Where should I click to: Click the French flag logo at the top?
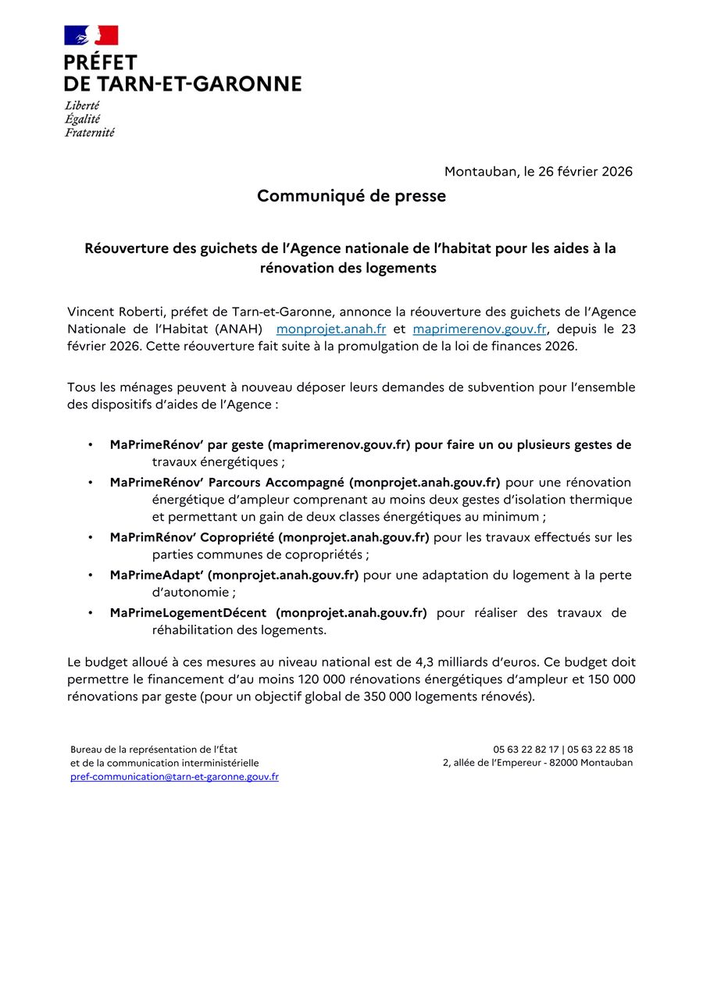pyautogui.click(x=91, y=35)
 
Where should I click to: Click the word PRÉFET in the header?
pyautogui.click(x=101, y=63)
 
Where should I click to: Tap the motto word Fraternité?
pyautogui.click(x=89, y=133)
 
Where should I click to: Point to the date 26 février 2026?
pyautogui.click(x=585, y=171)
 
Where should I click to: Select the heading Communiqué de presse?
pyautogui.click(x=351, y=196)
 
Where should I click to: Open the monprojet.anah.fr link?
pyautogui.click(x=331, y=329)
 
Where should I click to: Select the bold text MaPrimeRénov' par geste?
pyautogui.click(x=186, y=445)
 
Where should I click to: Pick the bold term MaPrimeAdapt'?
pyautogui.click(x=156, y=575)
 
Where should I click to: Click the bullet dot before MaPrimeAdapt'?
pyautogui.click(x=91, y=575)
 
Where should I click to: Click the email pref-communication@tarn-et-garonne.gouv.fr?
pyautogui.click(x=174, y=777)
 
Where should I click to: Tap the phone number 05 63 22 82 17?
pyautogui.click(x=526, y=750)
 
